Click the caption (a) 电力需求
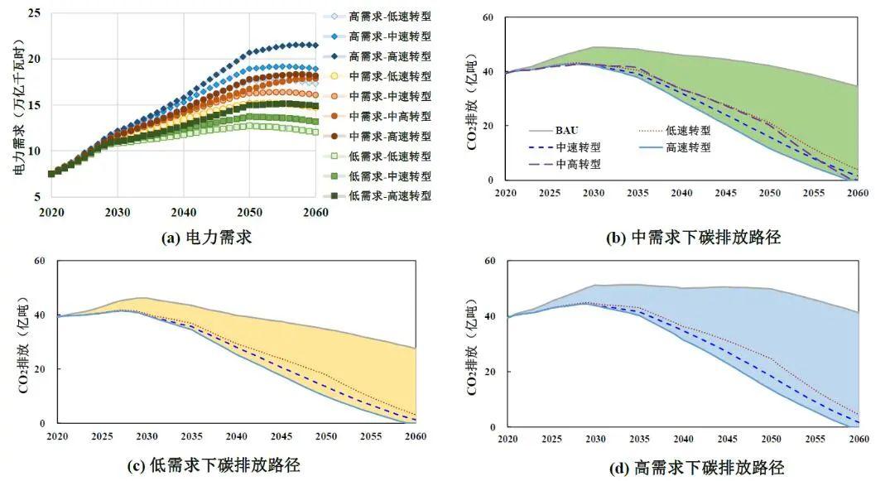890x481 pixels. point(206,238)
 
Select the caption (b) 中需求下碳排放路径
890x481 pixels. point(694,238)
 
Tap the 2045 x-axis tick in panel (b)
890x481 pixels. point(726,192)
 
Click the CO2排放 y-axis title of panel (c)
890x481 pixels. point(22,344)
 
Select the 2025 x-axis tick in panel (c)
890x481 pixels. point(102,435)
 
